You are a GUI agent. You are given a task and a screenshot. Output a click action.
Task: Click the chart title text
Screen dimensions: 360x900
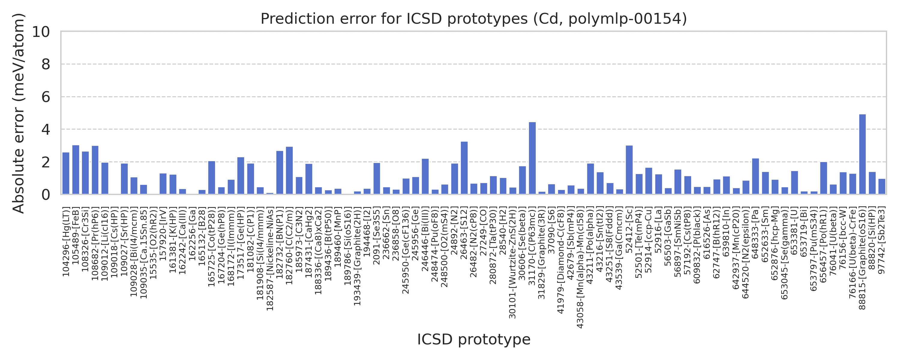(x=473, y=19)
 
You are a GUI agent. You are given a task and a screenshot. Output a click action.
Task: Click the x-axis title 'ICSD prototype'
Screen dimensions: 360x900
(x=473, y=339)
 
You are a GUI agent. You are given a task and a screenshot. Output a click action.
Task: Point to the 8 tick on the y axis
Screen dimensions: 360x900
(x=46, y=64)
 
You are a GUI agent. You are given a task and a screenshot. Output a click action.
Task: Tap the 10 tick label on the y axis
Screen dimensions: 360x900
(x=41, y=32)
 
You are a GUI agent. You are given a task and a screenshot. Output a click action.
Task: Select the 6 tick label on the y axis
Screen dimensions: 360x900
(x=46, y=97)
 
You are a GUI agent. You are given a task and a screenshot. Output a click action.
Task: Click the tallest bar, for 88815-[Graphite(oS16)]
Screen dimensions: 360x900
(x=862, y=154)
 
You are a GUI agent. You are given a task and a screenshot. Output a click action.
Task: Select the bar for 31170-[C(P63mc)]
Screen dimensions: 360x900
(x=532, y=158)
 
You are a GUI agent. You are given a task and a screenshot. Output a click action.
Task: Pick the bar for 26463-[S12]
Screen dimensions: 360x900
(x=464, y=168)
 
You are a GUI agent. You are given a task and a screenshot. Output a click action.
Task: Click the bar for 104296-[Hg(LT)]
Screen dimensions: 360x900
(x=66, y=173)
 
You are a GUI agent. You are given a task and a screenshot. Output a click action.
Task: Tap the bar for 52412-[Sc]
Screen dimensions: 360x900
(x=629, y=170)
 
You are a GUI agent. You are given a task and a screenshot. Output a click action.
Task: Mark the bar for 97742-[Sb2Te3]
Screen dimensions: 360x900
(x=881, y=186)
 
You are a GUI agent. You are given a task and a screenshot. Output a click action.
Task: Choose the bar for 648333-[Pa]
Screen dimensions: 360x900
(x=755, y=176)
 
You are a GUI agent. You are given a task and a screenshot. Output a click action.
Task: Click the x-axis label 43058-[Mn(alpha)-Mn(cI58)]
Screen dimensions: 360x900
(x=580, y=268)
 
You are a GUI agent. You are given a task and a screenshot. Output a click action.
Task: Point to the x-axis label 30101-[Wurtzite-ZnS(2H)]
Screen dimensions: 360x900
(x=512, y=263)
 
